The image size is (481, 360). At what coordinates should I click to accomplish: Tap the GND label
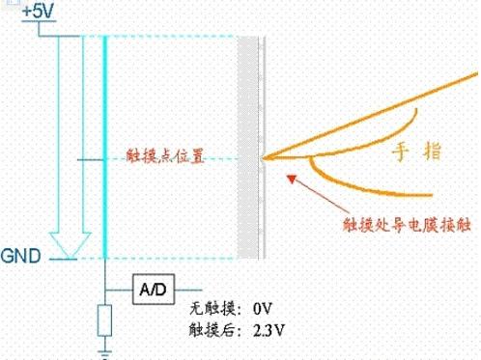coord(22,258)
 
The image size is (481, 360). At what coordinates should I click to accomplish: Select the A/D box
coord(154,290)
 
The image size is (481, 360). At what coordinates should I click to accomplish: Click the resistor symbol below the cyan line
coord(103,320)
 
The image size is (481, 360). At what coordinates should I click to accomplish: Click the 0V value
coord(266,311)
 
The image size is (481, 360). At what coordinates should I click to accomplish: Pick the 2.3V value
coord(269,330)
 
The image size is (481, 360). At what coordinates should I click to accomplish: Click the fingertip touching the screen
coord(266,156)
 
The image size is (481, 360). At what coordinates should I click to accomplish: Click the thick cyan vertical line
coord(103,145)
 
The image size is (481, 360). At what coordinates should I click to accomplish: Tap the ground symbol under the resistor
coord(103,352)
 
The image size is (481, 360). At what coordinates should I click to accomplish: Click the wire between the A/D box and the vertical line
coord(118,290)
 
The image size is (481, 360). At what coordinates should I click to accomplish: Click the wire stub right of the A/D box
coord(188,290)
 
